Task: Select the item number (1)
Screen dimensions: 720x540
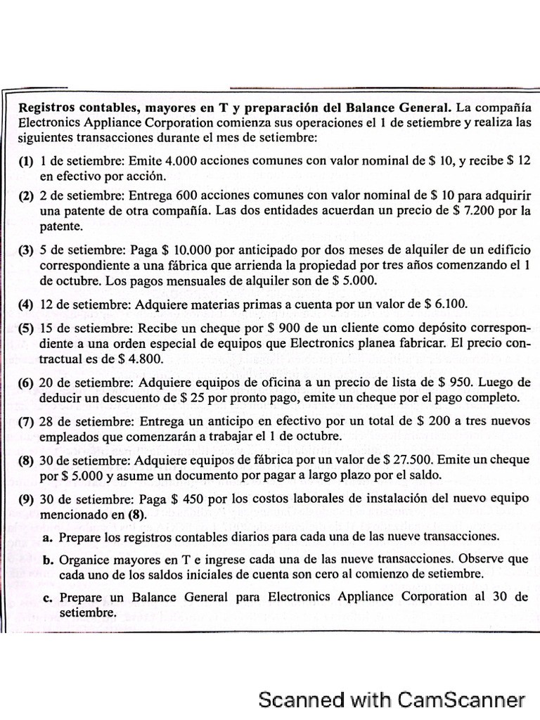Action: (25, 162)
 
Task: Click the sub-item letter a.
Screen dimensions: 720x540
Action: (48, 536)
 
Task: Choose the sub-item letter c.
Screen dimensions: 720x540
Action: (48, 598)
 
